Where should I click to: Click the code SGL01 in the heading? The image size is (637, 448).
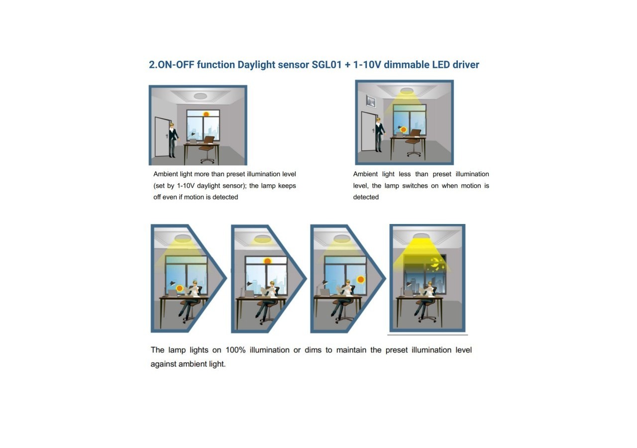(326, 65)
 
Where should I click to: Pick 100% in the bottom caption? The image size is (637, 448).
(235, 350)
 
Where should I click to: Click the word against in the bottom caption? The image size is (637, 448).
(163, 364)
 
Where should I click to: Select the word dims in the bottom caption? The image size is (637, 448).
(313, 350)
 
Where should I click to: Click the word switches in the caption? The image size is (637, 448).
(417, 186)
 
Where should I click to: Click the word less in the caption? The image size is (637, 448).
(405, 174)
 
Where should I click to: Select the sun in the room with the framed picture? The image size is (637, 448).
(403, 130)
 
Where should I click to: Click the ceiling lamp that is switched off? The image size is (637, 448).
(200, 96)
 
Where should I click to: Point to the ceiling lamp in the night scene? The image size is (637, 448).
(421, 236)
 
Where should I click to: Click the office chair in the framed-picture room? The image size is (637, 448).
(413, 143)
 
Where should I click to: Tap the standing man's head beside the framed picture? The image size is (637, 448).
(378, 120)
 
